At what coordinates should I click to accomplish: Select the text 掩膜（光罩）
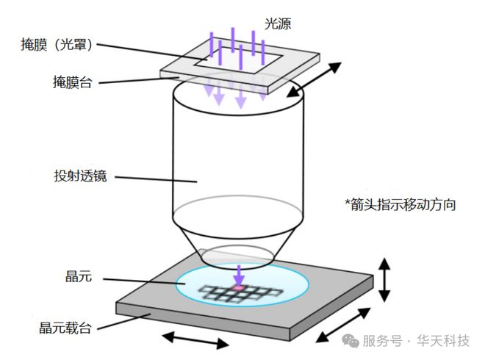[57, 45]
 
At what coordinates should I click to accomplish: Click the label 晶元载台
[65, 328]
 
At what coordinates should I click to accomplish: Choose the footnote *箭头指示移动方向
[400, 204]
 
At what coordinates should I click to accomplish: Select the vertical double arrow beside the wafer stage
[385, 278]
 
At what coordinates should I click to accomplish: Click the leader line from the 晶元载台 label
[124, 322]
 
